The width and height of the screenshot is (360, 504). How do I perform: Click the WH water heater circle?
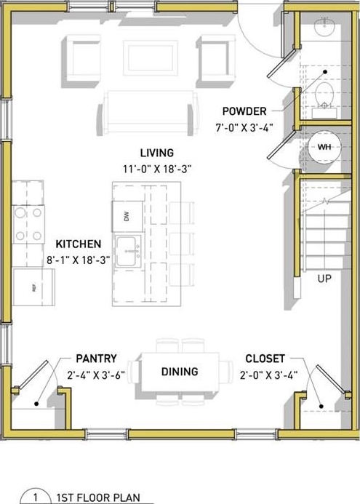324,147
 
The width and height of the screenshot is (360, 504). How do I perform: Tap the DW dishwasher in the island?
127,216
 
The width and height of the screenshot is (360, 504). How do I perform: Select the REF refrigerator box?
33,287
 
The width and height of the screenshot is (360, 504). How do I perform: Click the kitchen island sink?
127,251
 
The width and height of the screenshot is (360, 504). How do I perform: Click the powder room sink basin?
324,26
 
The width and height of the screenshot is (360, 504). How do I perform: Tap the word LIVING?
157,153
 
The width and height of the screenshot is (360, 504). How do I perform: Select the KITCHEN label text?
79,244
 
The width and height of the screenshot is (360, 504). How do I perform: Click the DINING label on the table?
180,372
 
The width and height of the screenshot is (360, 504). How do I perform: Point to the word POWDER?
244,111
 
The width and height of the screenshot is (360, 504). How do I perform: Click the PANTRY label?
96,359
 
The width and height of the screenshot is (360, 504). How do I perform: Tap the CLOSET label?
265,359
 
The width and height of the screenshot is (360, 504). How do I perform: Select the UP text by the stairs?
324,279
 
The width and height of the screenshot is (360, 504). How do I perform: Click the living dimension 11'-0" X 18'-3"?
157,169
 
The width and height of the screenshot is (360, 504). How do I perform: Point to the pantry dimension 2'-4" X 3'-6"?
96,375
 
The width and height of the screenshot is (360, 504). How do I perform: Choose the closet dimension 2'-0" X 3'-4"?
268,375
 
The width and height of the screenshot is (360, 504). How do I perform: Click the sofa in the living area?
148,112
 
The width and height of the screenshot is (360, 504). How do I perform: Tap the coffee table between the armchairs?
150,58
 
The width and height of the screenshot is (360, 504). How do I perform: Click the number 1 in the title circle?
36,497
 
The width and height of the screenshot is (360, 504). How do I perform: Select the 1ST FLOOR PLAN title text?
98,497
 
